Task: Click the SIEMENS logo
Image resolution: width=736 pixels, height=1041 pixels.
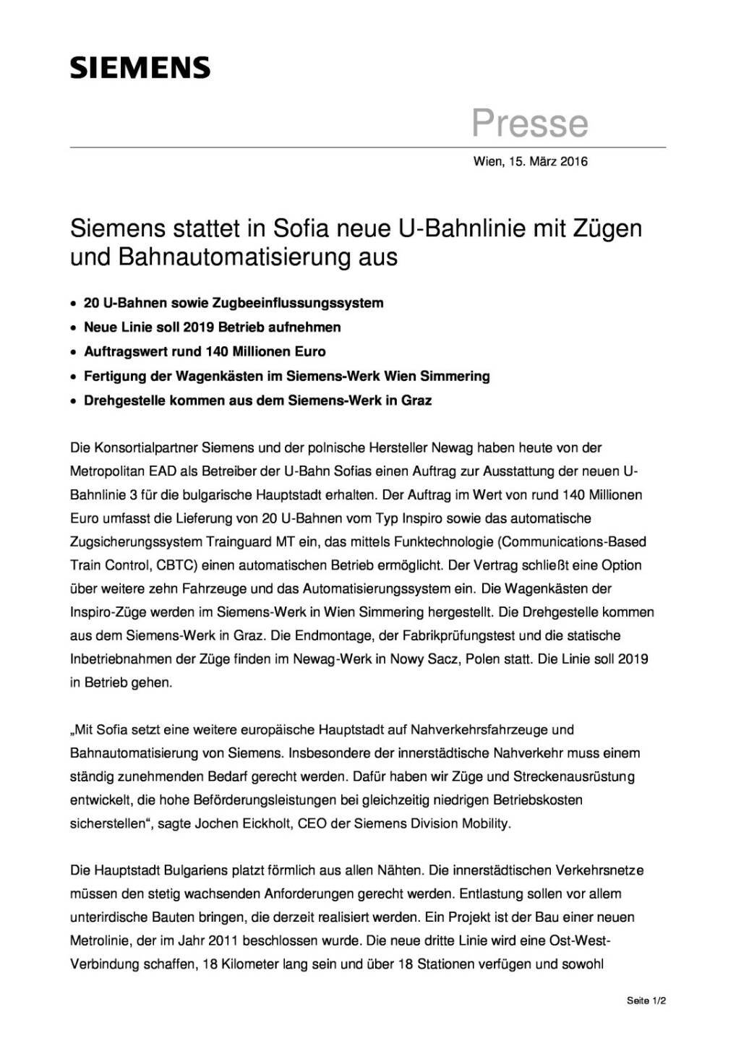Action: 140,67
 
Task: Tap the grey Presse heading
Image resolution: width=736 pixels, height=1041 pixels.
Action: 530,123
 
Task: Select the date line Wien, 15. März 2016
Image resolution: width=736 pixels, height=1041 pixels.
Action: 530,161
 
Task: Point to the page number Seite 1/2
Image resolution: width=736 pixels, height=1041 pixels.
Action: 646,1001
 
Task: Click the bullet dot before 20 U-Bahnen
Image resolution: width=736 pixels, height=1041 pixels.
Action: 73,304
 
